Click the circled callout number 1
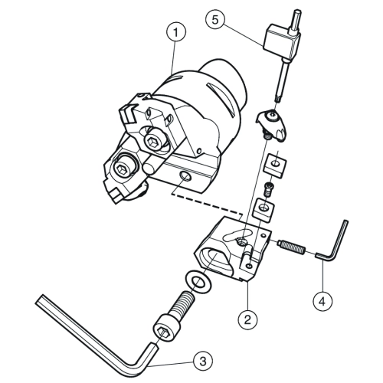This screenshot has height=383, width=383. click(x=175, y=32)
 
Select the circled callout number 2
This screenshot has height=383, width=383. click(x=247, y=319)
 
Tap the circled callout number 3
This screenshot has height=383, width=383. click(x=203, y=361)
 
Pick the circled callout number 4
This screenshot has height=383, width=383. click(x=322, y=302)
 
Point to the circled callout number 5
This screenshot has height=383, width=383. click(x=215, y=20)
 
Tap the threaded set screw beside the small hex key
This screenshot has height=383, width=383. click(x=291, y=247)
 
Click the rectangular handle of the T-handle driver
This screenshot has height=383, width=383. click(x=282, y=40)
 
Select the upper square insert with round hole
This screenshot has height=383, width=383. click(x=276, y=166)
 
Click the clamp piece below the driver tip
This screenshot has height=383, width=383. click(x=272, y=124)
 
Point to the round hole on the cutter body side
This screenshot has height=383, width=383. click(x=185, y=176)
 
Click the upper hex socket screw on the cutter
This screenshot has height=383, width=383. click(x=153, y=140)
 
